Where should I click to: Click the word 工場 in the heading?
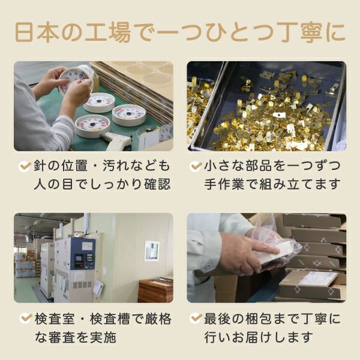point(107,32)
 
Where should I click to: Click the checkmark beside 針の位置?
point(25,166)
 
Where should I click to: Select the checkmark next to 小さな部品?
point(196,166)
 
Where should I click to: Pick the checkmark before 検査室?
point(26,319)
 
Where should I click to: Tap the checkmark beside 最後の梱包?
point(196,319)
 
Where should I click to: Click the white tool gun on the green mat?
point(117,139)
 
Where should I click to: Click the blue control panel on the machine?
point(82,254)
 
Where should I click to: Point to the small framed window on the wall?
point(152,251)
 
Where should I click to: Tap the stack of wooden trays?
point(155,290)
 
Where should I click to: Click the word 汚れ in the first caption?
point(115,166)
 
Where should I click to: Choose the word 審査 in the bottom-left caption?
point(62,337)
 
